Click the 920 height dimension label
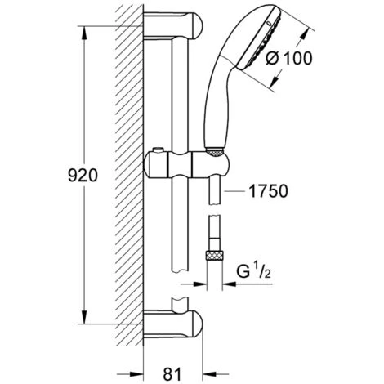tap(83, 175)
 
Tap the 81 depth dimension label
tap(172, 374)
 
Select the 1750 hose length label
tap(268, 191)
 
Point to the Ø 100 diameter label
tap(289, 58)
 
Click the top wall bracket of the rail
tap(173, 26)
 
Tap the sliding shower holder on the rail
tap(187, 165)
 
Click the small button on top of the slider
tap(158, 150)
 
